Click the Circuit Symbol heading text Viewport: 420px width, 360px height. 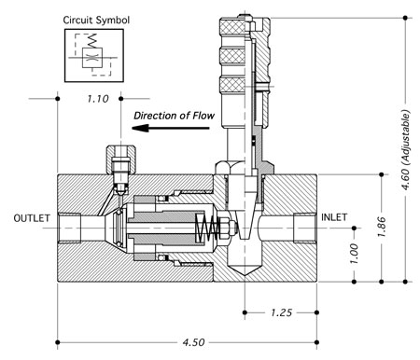pos(96,21)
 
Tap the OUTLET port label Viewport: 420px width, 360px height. pos(32,218)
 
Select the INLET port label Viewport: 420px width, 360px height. pos(334,217)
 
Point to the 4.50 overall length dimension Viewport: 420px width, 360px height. pos(193,342)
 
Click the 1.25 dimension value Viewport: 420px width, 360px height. pos(281,312)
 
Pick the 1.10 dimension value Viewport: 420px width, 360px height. pos(98,99)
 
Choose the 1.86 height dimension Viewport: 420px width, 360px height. pos(382,227)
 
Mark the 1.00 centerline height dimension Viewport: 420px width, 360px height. pos(354,254)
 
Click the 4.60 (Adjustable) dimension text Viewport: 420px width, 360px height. pos(405,149)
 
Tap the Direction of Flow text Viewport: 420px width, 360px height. pos(175,116)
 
